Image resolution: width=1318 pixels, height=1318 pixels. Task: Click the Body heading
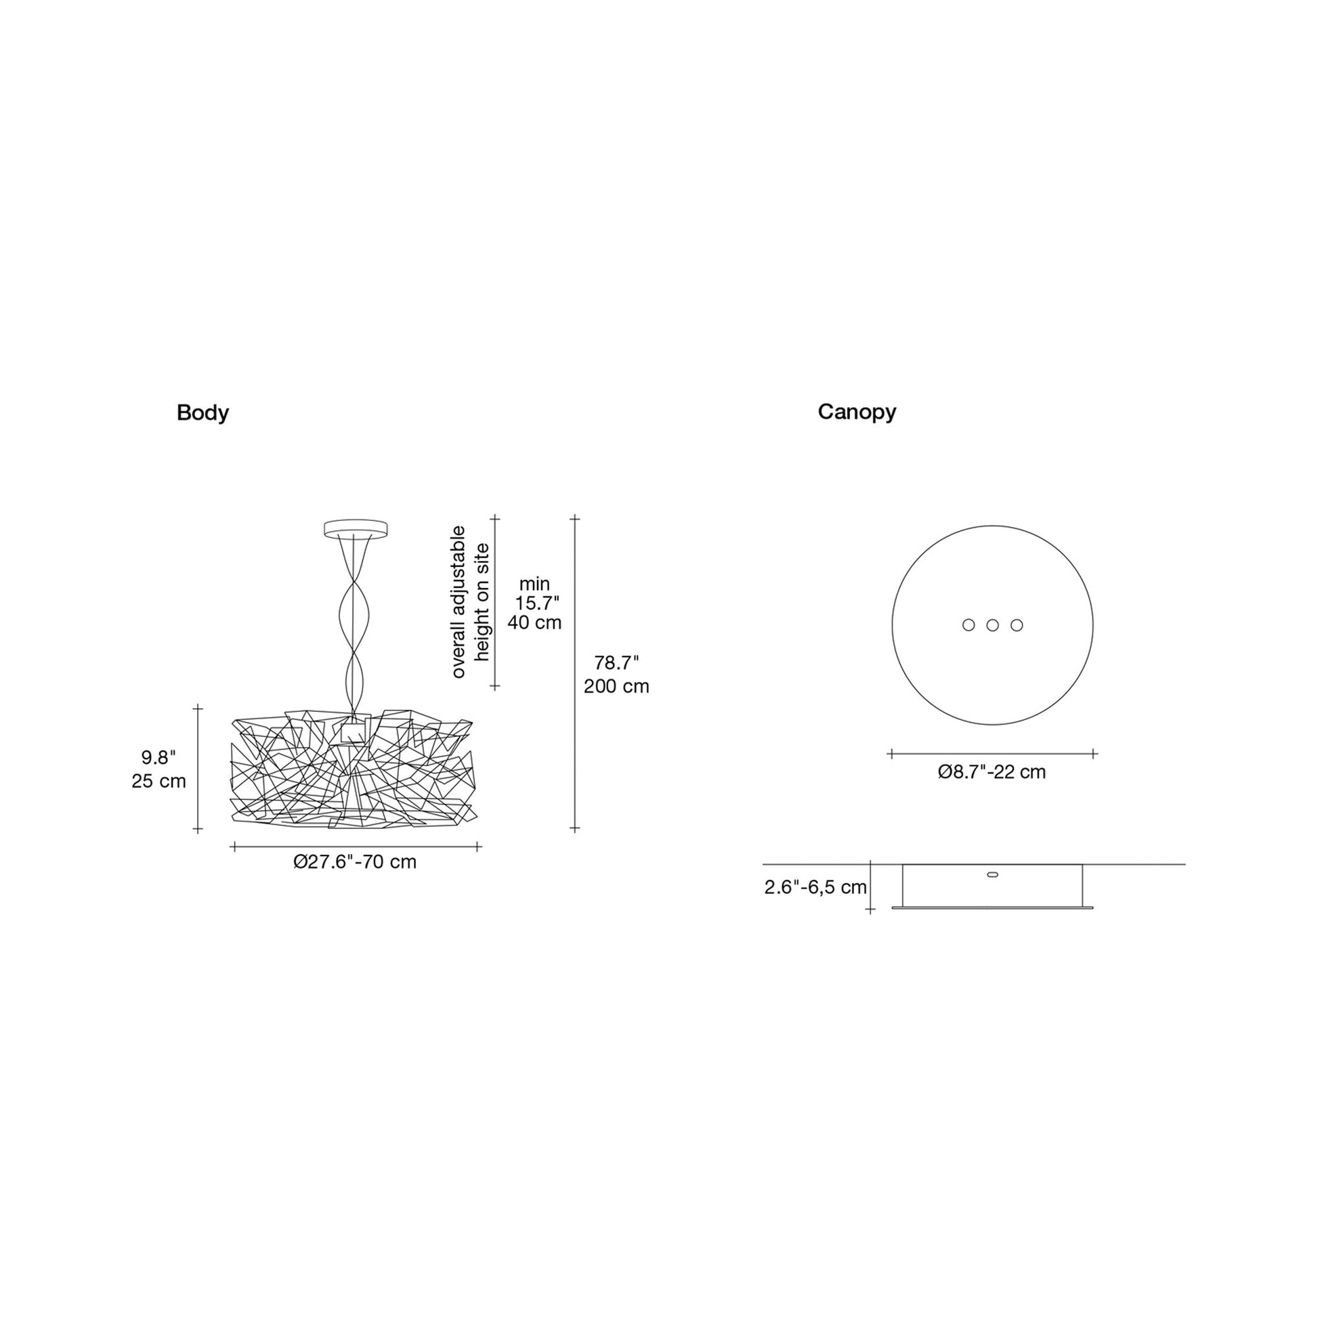pos(203,413)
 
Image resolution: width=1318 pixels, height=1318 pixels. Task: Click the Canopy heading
pos(857,412)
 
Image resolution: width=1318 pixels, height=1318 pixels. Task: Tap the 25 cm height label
pos(159,781)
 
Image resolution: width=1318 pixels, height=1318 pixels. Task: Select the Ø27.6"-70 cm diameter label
pos(355,862)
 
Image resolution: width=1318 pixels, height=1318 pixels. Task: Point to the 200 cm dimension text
pos(616,686)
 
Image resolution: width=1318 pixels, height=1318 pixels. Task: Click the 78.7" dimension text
pos(616,662)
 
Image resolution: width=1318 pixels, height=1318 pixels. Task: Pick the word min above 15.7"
pos(534,584)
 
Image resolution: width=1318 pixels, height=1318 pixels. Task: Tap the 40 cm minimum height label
pos(534,622)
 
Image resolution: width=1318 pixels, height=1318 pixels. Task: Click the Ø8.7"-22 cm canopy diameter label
pos(992,771)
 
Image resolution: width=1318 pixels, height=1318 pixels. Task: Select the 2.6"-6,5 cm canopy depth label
pos(815,887)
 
